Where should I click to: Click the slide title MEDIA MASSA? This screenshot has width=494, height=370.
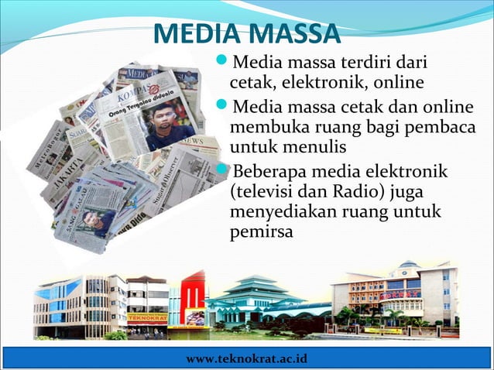[246, 35]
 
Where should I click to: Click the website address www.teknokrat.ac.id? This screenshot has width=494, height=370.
[247, 360]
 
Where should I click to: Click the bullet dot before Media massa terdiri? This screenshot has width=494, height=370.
[222, 60]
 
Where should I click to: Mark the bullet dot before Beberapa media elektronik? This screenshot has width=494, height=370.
[222, 170]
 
